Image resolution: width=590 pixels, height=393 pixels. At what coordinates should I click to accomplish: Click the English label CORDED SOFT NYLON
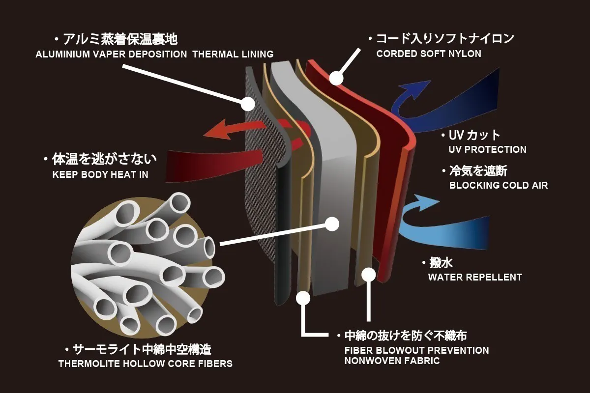pos(429,54)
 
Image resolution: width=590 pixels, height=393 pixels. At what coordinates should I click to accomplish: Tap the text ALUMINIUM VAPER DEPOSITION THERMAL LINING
pos(154,55)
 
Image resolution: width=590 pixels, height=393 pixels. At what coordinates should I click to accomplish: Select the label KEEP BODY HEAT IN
pos(100,174)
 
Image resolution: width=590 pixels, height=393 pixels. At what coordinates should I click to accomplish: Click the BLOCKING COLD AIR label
pos(498,186)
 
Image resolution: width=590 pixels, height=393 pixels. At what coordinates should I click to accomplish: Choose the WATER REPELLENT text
pos(474,278)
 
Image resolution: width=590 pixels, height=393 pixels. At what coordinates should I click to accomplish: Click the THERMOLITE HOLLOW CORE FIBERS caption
pos(145,365)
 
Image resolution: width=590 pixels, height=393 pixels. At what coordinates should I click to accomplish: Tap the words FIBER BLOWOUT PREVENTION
pos(417,351)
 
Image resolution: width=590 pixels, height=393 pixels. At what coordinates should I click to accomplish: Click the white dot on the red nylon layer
pos(336,78)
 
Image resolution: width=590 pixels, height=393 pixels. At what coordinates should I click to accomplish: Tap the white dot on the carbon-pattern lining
pos(248,104)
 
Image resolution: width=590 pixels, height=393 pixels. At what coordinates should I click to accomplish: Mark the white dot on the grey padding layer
pos(332,224)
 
